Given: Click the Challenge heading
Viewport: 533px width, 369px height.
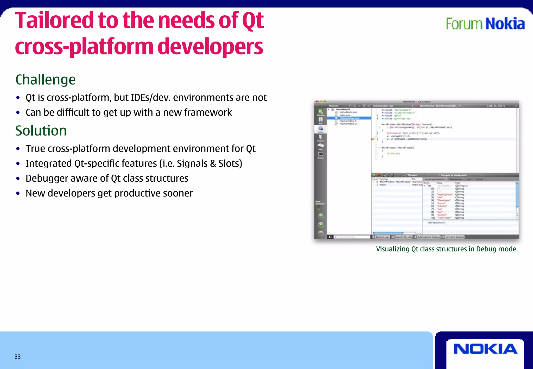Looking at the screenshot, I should [46, 80].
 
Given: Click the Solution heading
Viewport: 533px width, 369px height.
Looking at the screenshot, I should [41, 131].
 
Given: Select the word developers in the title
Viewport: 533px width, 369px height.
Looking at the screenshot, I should [210, 47].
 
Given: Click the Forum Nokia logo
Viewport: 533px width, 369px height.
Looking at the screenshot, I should [485, 24].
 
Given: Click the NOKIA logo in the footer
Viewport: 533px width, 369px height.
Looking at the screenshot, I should [485, 349].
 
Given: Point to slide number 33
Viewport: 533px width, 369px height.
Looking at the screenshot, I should [18, 357].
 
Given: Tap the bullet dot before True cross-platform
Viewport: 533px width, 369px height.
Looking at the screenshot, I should [18, 149].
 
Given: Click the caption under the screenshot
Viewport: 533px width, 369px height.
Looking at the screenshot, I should [447, 249].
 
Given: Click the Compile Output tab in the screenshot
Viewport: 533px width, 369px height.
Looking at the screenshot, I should [454, 237].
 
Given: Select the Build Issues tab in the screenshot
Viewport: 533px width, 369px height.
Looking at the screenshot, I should [382, 237].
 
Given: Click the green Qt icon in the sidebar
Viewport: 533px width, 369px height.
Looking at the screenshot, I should [320, 112].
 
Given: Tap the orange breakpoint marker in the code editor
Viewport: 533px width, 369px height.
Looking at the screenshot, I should [373, 139].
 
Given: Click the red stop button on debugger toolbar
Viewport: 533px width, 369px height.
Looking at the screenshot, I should [379, 175].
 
